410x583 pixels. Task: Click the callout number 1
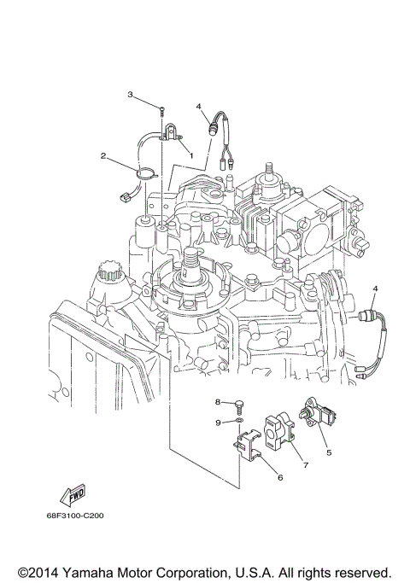tap(191, 155)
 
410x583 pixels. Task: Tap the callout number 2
tap(103, 156)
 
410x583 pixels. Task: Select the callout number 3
tap(131, 94)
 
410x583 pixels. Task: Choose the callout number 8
tap(218, 401)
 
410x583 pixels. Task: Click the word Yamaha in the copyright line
tap(100, 571)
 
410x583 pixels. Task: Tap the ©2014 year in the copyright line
tap(39, 571)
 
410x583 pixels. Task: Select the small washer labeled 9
tap(240, 421)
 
